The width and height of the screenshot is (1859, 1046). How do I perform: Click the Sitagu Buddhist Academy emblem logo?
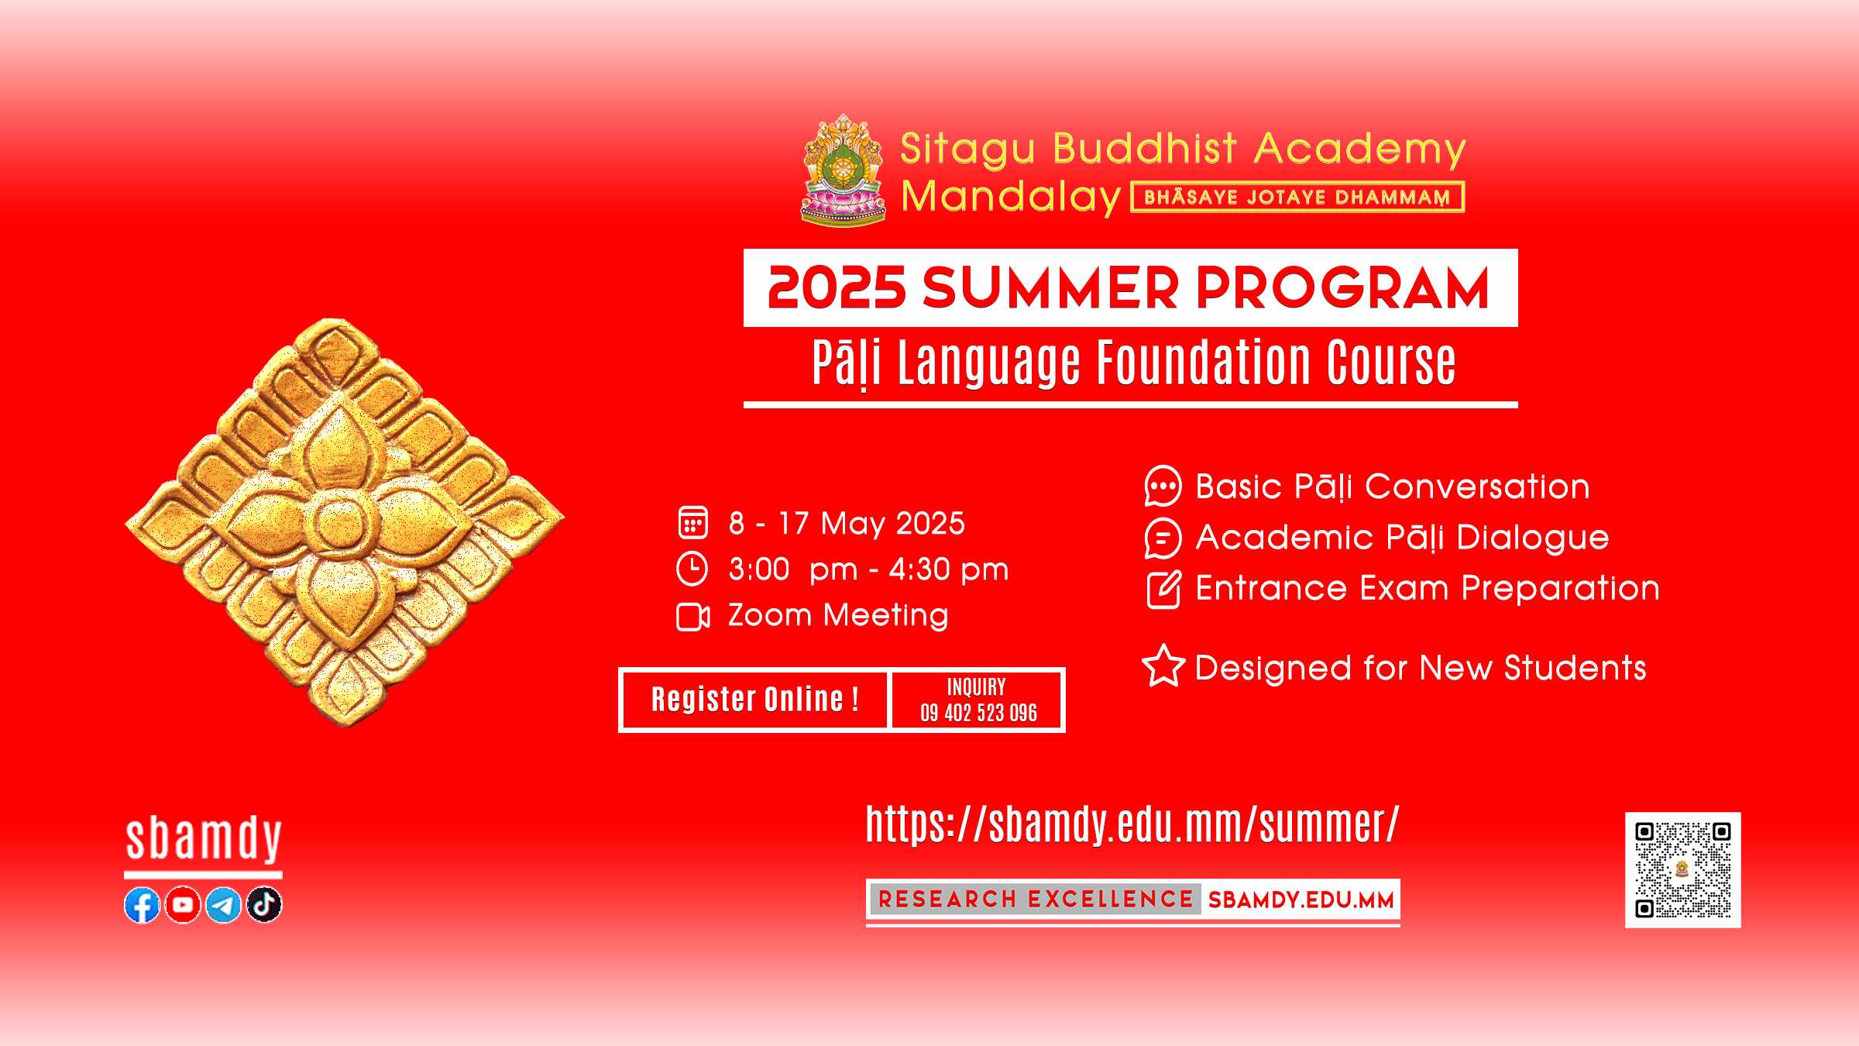843,170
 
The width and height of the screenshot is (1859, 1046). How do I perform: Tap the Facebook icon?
142,905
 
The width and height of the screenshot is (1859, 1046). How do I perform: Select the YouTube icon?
183,905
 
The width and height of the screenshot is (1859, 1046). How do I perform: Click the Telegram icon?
224,905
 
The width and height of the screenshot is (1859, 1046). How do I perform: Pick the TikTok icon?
264,905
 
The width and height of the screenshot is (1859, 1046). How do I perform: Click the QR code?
1682,869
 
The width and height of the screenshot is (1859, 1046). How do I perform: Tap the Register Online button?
754,700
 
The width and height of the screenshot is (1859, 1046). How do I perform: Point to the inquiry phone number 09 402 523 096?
978,713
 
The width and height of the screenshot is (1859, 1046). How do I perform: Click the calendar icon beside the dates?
692,522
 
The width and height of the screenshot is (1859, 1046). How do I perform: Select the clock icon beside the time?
692,569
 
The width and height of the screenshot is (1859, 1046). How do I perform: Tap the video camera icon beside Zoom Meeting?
692,617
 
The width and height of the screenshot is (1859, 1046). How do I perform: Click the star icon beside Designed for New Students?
1163,666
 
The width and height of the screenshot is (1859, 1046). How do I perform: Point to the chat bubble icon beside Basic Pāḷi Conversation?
1163,487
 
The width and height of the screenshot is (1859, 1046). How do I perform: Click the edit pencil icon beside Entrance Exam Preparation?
1163,590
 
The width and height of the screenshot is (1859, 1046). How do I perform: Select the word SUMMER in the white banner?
1052,287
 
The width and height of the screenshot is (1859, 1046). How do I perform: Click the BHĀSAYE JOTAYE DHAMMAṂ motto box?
1297,197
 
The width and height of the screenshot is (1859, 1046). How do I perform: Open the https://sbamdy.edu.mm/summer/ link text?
1132,824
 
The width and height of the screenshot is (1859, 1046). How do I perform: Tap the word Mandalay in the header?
1011,196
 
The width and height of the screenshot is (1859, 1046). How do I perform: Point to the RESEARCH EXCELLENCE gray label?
1036,900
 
